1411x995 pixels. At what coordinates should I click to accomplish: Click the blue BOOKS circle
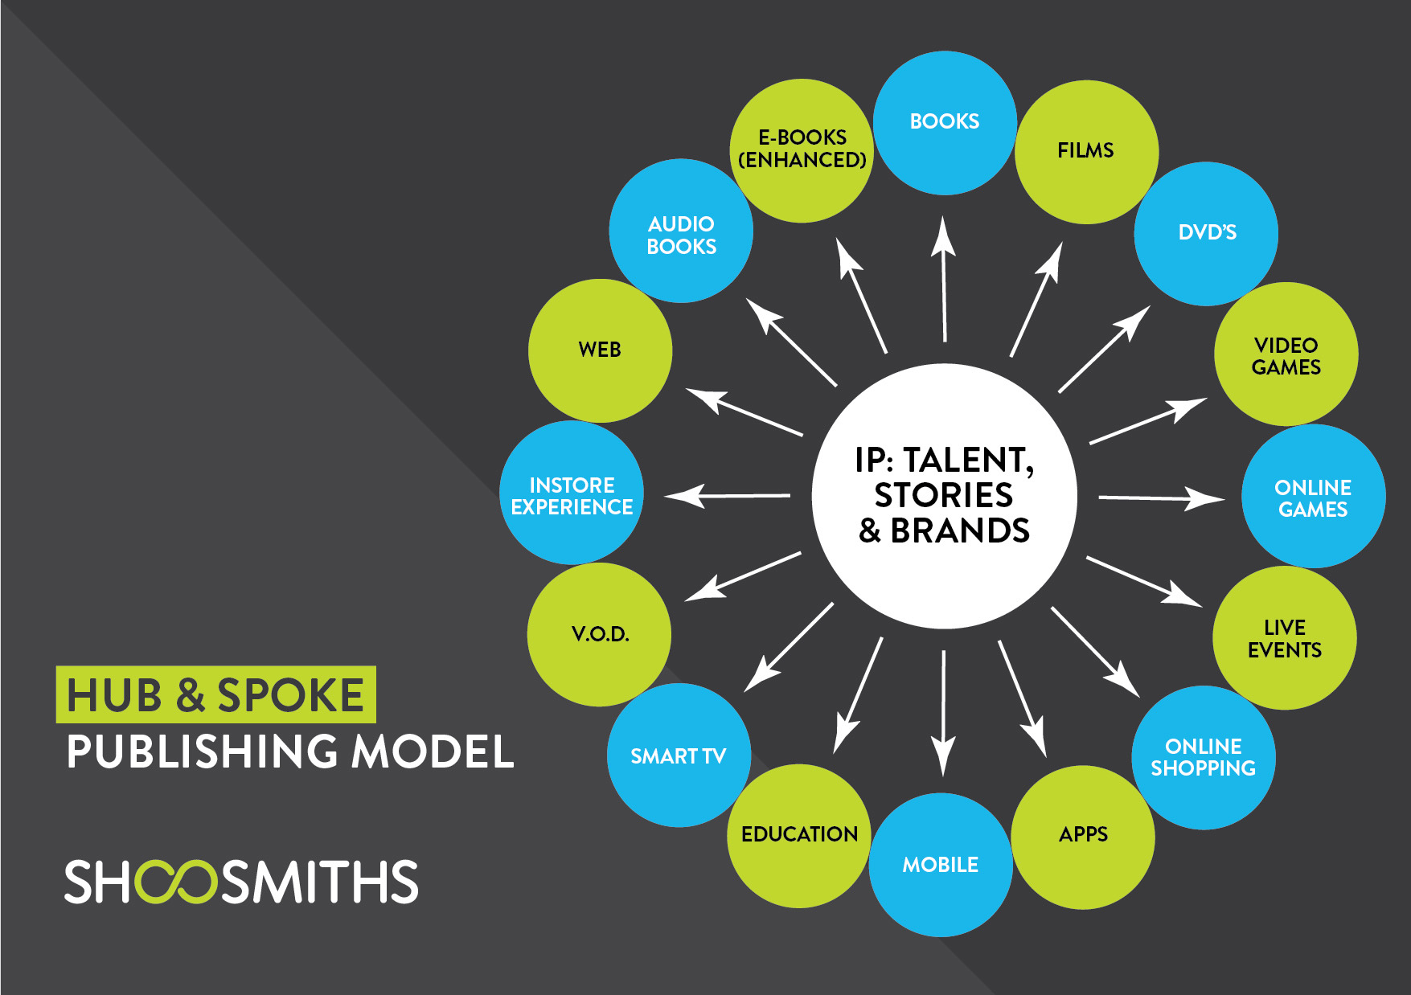tap(945, 122)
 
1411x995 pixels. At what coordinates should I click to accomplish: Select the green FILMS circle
tap(1086, 151)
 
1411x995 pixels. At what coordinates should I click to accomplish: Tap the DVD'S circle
tap(1206, 233)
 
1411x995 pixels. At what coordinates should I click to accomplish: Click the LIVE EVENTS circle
tap(1284, 638)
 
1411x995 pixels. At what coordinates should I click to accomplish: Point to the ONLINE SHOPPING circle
tap(1203, 757)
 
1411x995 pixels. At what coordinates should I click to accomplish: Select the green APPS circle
tap(1083, 837)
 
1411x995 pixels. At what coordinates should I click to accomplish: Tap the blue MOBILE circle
tap(941, 865)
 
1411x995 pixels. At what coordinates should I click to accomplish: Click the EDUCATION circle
tap(798, 836)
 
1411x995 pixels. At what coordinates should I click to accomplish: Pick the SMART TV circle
tap(679, 755)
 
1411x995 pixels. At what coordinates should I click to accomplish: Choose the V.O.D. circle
tap(600, 635)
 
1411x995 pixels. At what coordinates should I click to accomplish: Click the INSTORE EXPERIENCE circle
tap(572, 493)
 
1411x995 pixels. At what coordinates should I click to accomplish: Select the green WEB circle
tap(600, 350)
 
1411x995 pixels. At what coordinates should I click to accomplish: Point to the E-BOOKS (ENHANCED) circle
tap(802, 150)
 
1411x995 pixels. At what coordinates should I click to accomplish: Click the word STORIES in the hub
tap(943, 496)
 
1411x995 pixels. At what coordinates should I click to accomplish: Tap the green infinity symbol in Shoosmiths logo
tap(176, 882)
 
